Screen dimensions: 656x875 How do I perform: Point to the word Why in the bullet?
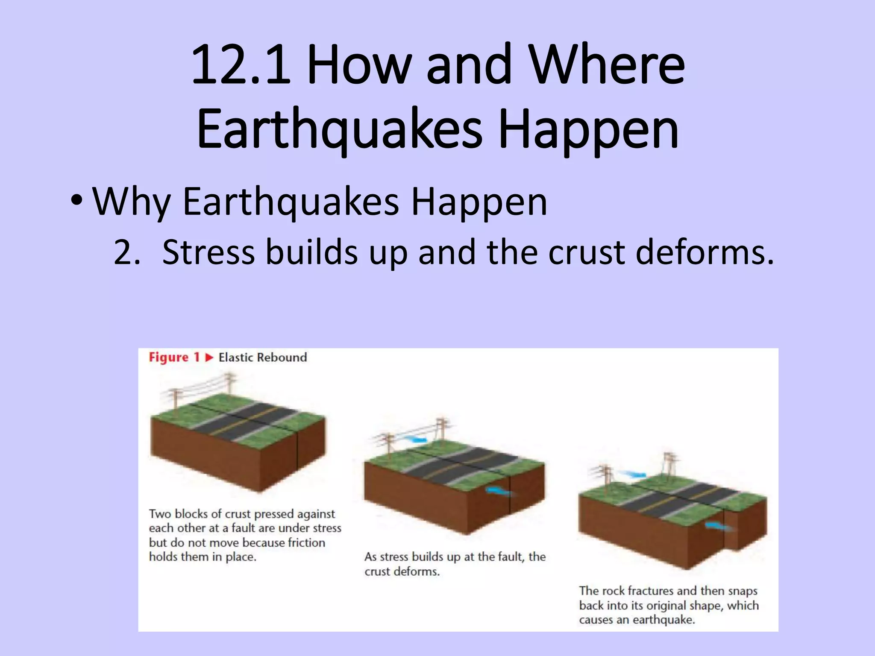tap(132, 202)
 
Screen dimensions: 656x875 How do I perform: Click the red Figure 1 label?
tap(174, 357)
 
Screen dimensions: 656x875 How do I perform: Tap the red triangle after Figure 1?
tap(209, 357)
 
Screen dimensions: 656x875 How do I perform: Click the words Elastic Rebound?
tap(263, 357)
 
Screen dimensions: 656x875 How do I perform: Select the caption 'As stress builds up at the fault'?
tap(455, 556)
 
